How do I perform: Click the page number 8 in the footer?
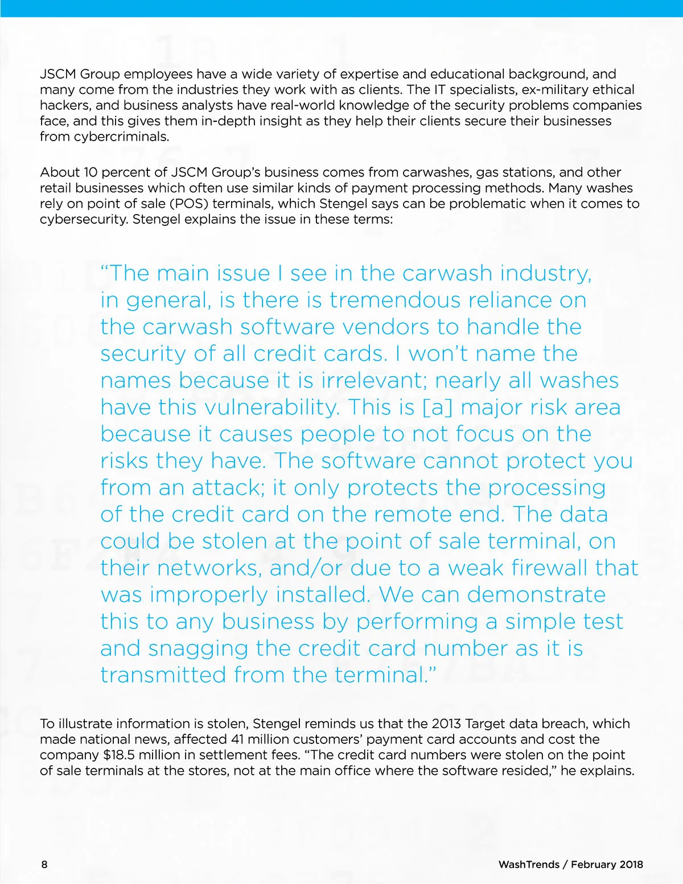point(44,864)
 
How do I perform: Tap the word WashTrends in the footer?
point(529,864)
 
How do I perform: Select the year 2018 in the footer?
point(631,864)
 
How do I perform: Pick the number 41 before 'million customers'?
point(238,739)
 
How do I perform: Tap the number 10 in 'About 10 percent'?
point(90,172)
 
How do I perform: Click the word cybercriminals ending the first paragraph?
point(121,137)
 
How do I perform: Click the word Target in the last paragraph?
point(483,723)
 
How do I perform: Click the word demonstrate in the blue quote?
point(536,595)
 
